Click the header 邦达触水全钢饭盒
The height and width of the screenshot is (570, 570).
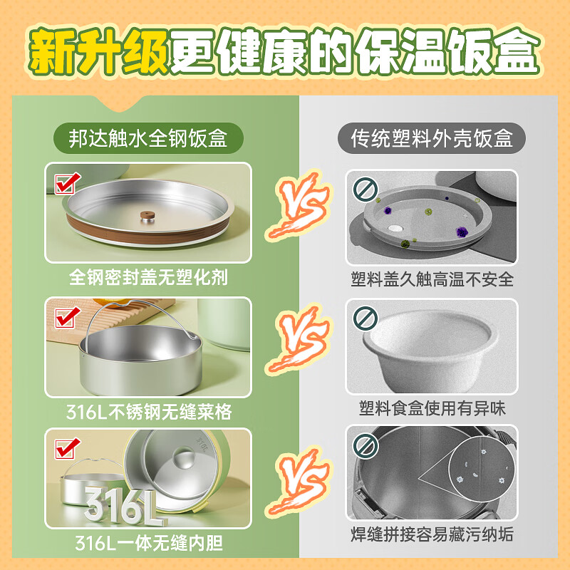pos(148,138)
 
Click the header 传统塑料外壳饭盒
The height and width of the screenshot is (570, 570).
pos(432,138)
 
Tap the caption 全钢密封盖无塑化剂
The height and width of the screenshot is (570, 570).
pos(148,276)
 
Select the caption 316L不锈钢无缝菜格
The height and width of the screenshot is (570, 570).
pos(148,411)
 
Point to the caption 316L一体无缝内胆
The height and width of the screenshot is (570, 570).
pos(148,544)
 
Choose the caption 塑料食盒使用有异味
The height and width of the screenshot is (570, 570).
pos(432,408)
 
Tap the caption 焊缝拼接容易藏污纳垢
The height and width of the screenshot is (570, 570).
pos(432,534)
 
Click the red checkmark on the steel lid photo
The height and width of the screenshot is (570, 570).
pos(65,183)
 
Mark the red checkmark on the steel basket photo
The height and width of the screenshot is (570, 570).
pos(65,316)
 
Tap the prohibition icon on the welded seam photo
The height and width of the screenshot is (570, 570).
pos(364,446)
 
